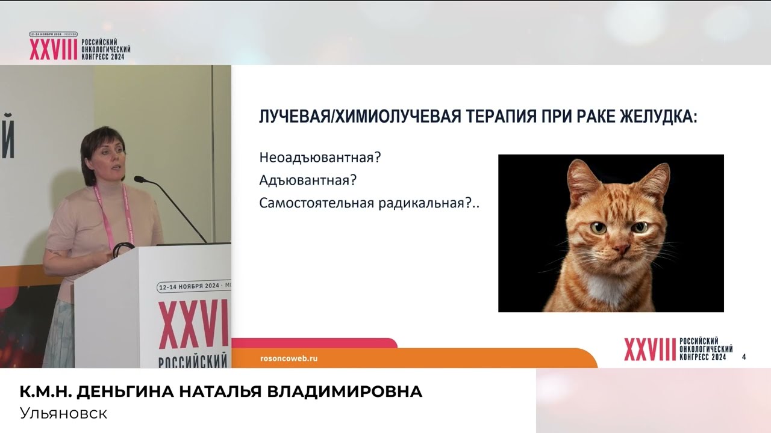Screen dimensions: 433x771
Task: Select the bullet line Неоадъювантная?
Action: [320, 158]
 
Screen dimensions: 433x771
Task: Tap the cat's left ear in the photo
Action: [582, 177]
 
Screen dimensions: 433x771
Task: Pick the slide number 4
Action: [744, 357]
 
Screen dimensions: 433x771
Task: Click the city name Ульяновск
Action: [63, 414]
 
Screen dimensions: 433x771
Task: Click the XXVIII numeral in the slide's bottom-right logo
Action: [650, 349]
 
